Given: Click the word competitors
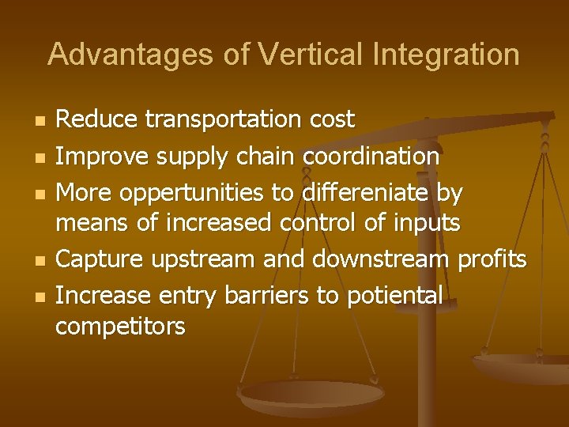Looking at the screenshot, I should click(x=119, y=326).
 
